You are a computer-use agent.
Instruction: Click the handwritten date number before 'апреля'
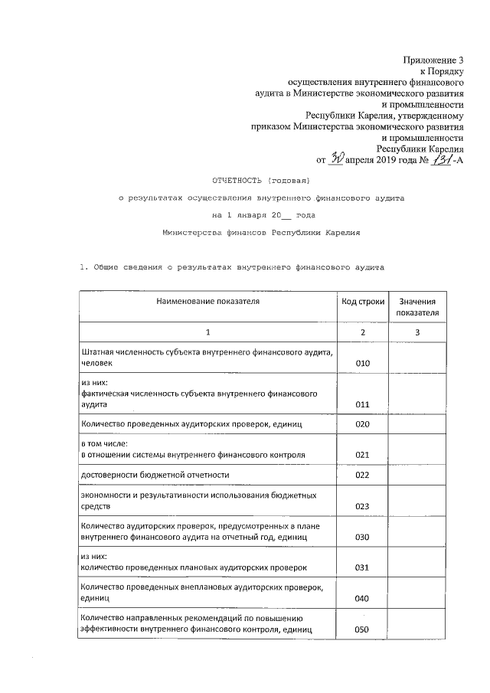click(336, 159)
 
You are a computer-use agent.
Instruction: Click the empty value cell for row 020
click(417, 424)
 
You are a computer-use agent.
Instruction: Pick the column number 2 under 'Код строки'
click(363, 332)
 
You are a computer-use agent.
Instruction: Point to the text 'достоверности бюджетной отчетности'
click(155, 476)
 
